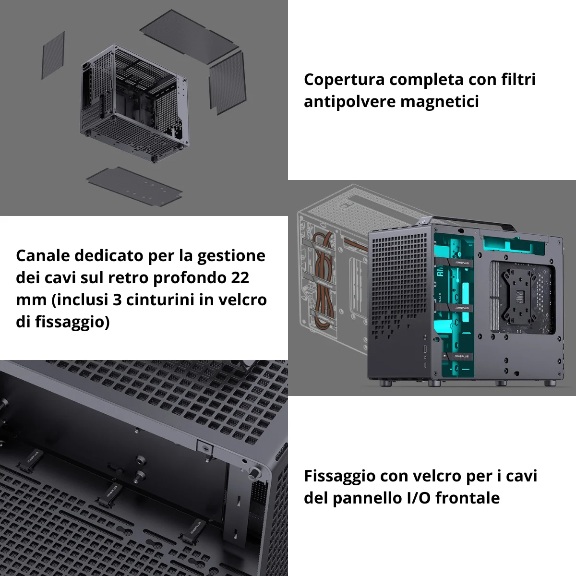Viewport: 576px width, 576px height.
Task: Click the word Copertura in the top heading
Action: pyautogui.click(x=344, y=80)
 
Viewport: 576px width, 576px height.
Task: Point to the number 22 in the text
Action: pyautogui.click(x=240, y=278)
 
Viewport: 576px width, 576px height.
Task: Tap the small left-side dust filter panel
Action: pyautogui.click(x=53, y=56)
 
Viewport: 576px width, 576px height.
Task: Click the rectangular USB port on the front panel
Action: pyautogui.click(x=425, y=348)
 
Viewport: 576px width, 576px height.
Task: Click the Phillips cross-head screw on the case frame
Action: pyautogui.click(x=205, y=448)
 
